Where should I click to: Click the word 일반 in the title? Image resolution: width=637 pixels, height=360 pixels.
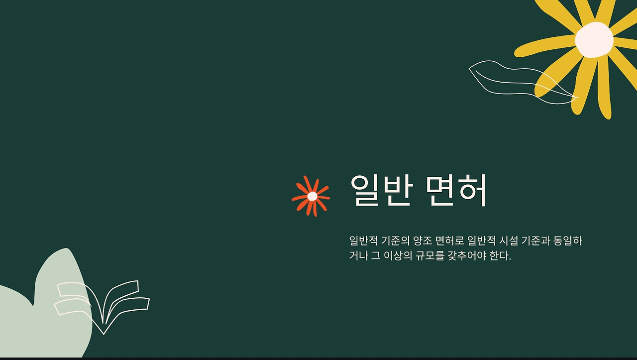point(381,190)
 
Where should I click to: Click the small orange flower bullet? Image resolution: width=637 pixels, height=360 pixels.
point(311,196)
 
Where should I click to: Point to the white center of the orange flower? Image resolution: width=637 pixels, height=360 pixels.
point(312,196)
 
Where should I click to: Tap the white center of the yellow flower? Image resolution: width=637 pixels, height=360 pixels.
point(594,40)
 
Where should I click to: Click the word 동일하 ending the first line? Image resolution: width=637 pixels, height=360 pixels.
point(568,241)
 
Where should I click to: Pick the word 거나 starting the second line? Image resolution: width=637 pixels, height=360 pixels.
point(358,255)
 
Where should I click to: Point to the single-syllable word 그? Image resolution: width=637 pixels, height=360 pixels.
point(376,255)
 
